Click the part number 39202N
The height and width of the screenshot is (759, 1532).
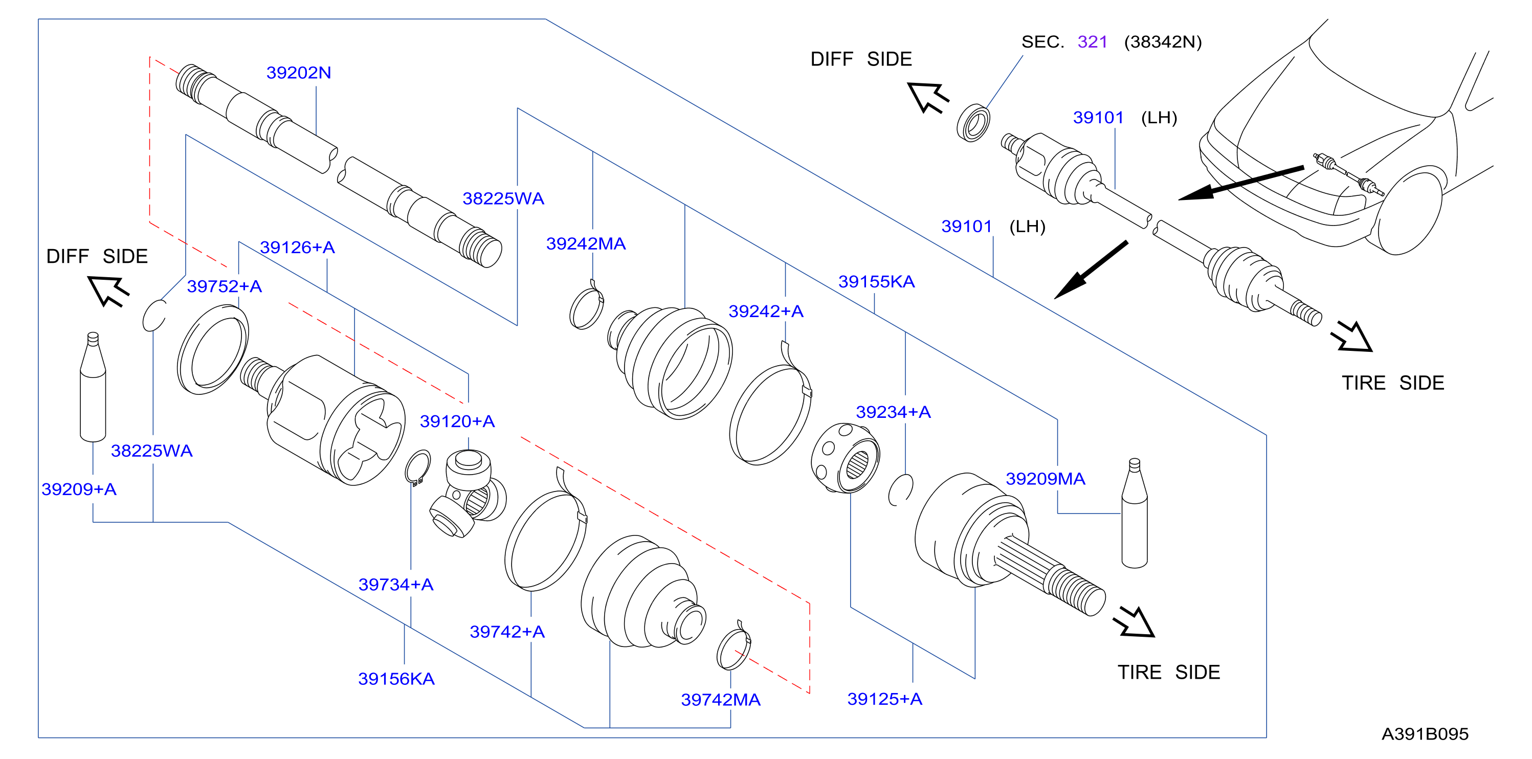[x=299, y=73]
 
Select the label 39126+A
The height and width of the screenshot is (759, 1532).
[x=297, y=247]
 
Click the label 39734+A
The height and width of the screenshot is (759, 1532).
[x=395, y=584]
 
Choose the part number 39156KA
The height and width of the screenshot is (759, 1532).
[x=396, y=679]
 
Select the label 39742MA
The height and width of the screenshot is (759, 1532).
[x=721, y=700]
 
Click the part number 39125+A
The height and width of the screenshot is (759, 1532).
[x=885, y=699]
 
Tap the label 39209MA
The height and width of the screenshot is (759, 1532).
[x=1046, y=479]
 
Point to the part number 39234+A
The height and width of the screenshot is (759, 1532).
[x=893, y=412]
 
